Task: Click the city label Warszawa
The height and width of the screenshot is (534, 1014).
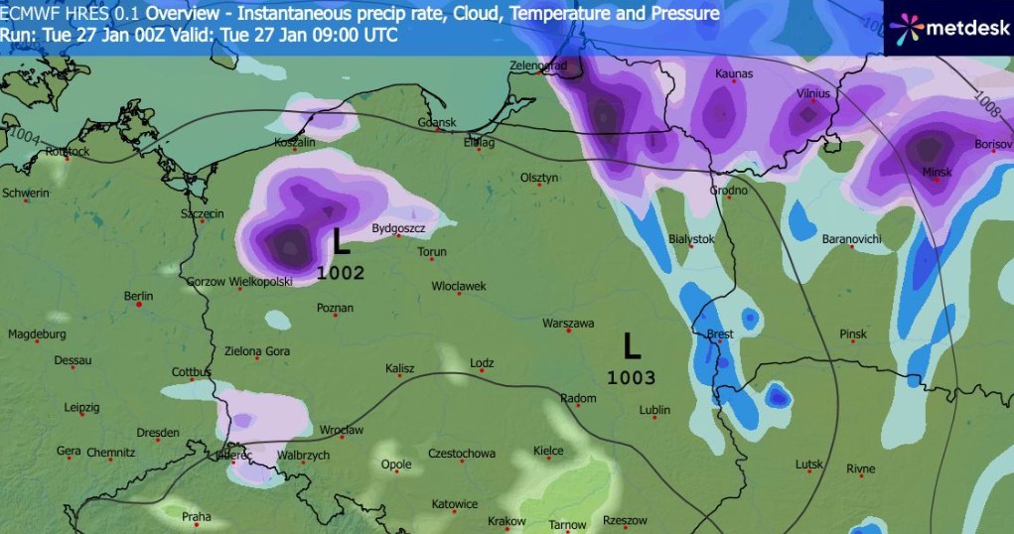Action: tap(567, 324)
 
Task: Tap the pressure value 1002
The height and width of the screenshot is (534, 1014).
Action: tap(341, 273)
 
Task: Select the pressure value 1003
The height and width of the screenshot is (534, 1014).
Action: tap(632, 377)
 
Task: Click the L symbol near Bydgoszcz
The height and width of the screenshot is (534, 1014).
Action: tap(341, 241)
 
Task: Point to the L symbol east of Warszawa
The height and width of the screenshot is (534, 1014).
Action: tap(632, 346)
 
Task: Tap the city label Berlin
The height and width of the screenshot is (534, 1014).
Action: tap(138, 297)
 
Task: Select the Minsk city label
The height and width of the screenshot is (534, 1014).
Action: tap(937, 173)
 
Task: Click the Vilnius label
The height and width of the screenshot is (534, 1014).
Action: tap(813, 93)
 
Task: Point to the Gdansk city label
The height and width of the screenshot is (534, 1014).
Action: tap(436, 123)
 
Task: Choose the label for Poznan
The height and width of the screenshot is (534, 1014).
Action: tap(335, 308)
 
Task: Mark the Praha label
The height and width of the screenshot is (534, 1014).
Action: tap(196, 516)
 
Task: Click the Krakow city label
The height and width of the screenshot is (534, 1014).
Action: tap(507, 521)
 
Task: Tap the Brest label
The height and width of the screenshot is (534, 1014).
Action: tap(719, 334)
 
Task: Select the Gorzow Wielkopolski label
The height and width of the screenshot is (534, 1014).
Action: tap(239, 282)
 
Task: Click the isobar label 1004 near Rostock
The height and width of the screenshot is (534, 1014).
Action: tap(27, 140)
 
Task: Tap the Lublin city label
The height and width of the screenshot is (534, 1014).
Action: tap(654, 409)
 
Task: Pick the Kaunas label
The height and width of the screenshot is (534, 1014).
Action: tap(733, 74)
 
